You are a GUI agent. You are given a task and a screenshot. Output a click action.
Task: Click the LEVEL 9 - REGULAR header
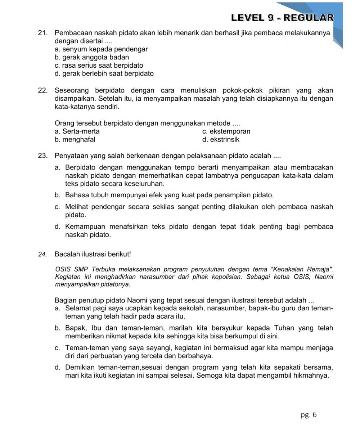coord(282,18)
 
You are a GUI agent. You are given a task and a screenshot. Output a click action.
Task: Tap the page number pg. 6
coord(309,415)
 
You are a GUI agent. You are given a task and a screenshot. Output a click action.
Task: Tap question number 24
coord(42,255)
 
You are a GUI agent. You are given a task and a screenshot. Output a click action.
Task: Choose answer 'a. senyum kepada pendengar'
coord(101,49)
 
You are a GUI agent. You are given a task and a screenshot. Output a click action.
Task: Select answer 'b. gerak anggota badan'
coord(92,57)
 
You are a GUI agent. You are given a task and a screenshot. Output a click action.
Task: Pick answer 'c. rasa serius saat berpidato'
coord(99,66)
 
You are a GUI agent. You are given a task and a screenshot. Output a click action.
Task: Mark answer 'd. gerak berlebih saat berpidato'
coord(104,74)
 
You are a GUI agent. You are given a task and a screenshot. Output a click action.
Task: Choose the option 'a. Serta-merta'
coord(77,131)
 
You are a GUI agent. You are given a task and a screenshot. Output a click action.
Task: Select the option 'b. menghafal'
coord(75,140)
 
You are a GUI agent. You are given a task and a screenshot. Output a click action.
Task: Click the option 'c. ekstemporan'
coord(226,131)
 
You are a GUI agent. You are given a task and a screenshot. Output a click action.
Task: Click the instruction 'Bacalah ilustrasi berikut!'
coord(93,254)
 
